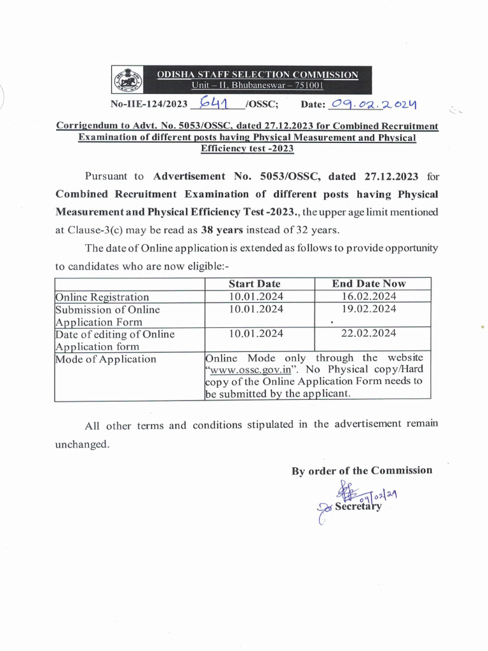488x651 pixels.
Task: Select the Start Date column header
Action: (x=254, y=284)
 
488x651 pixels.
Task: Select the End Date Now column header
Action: (x=369, y=284)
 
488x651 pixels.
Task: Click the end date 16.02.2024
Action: (x=369, y=296)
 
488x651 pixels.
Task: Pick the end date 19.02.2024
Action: (x=369, y=309)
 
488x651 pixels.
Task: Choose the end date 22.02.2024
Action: (x=369, y=333)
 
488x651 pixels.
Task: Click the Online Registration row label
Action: (x=102, y=297)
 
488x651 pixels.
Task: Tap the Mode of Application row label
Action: (x=105, y=359)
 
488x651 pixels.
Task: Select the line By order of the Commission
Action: (x=362, y=470)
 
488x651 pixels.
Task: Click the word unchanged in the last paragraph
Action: (x=82, y=444)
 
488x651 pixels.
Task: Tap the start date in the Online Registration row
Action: (x=257, y=296)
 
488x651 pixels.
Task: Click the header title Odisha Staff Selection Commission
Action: (x=257, y=75)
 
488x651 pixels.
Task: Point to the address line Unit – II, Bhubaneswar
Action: (x=257, y=85)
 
